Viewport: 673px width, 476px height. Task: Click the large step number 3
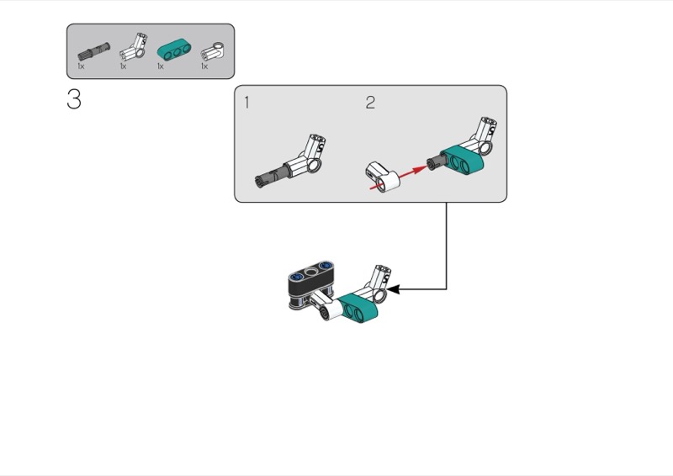[74, 99]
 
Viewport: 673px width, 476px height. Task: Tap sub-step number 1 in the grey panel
[246, 103]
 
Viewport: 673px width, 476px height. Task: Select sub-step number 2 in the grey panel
[370, 102]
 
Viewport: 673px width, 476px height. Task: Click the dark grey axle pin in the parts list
[93, 51]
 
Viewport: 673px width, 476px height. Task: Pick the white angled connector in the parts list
[134, 47]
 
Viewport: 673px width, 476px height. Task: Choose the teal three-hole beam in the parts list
[174, 50]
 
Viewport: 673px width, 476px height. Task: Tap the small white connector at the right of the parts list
[212, 51]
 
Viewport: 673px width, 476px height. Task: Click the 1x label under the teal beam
[161, 66]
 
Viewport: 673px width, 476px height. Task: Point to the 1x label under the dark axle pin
[81, 66]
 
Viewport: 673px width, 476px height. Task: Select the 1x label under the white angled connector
[123, 66]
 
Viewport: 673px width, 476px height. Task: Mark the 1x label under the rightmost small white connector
[204, 66]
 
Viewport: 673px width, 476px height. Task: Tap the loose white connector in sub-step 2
[383, 177]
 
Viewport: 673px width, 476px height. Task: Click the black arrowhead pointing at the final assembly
[393, 289]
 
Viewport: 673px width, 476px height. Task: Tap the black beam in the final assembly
[311, 283]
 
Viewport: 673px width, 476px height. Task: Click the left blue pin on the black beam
[296, 277]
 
